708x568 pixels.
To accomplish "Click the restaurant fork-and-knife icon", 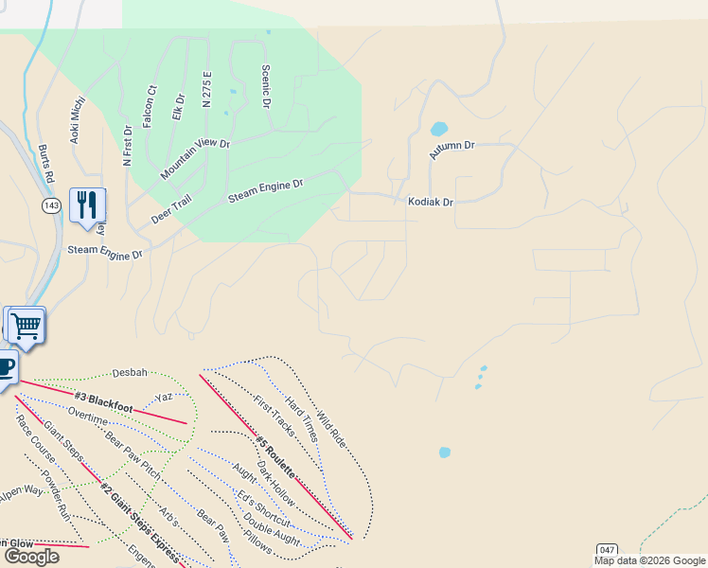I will (87, 204).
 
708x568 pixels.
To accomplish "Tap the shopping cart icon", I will (27, 326).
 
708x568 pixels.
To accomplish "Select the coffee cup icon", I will (5, 367).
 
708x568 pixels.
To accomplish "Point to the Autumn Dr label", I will (451, 150).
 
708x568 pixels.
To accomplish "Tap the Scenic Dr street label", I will (266, 86).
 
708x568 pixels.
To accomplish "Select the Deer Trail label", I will (170, 209).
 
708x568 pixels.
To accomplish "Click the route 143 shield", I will (51, 204).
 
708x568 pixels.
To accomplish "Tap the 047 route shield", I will (607, 549).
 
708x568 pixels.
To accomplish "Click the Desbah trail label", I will (130, 373).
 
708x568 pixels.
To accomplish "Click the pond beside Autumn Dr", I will (439, 129).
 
